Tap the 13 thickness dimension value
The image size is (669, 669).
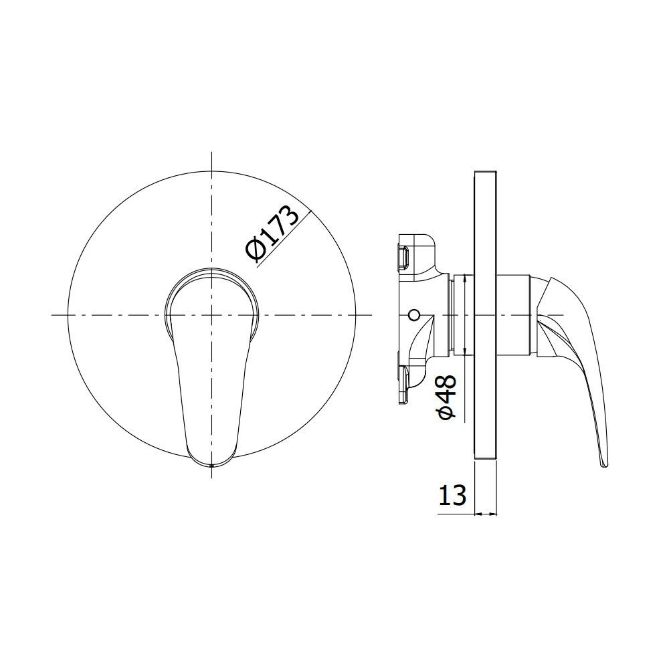pos(452,495)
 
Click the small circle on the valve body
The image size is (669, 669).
pos(413,315)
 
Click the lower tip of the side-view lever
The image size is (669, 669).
pos(605,466)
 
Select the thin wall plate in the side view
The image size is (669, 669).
pos(485,316)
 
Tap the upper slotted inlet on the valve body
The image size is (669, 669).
pos(404,258)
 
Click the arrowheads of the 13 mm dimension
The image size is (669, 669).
pos(486,514)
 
